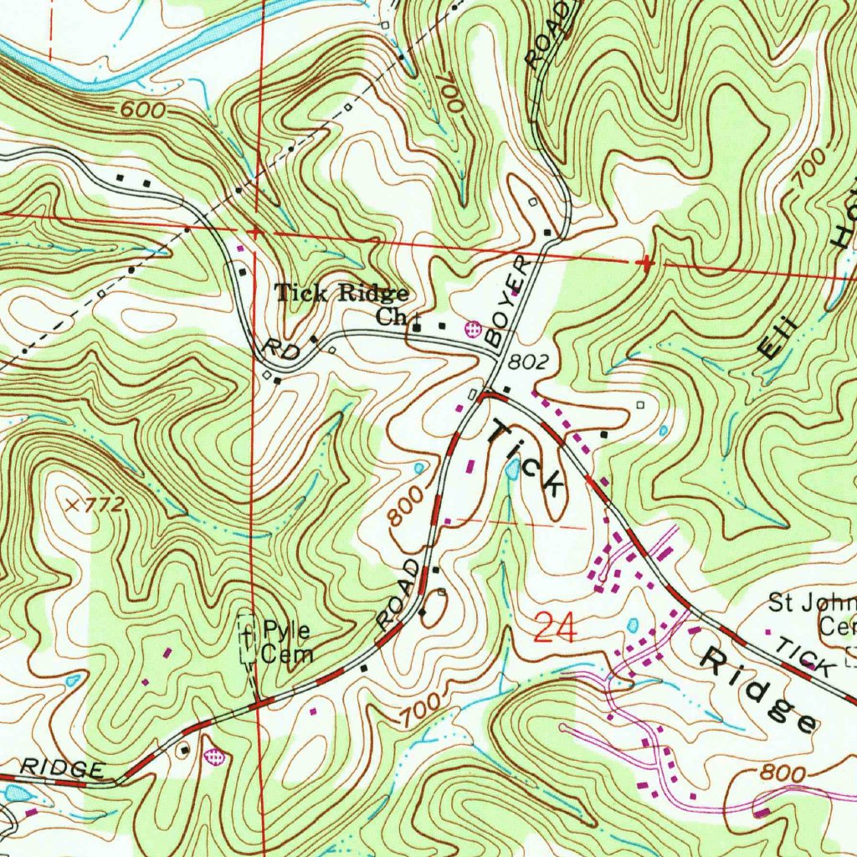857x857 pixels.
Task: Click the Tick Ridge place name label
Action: point(342,293)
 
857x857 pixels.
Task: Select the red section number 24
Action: point(554,627)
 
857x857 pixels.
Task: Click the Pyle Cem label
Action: point(287,641)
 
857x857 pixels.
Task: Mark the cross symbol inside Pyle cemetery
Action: point(247,639)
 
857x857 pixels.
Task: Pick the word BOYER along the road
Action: point(508,301)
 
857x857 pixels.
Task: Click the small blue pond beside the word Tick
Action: point(511,470)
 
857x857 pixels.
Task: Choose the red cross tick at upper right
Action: point(645,263)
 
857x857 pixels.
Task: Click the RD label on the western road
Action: point(280,351)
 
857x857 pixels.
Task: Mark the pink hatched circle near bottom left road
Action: point(215,756)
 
